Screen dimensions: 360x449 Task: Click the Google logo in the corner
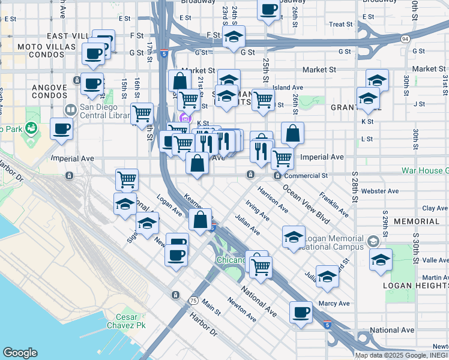(x=20, y=352)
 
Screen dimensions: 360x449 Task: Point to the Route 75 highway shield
(x=193, y=300)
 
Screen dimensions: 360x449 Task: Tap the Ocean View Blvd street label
(x=306, y=204)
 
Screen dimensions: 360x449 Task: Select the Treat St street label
(x=341, y=25)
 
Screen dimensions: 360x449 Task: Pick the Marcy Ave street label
(x=334, y=304)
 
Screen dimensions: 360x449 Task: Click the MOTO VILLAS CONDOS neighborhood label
(x=41, y=50)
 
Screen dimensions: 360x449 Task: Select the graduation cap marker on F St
(x=234, y=37)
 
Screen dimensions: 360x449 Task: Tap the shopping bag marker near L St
(x=292, y=134)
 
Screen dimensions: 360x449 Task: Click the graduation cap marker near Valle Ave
(x=381, y=260)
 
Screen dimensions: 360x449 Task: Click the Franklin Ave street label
(x=334, y=204)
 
